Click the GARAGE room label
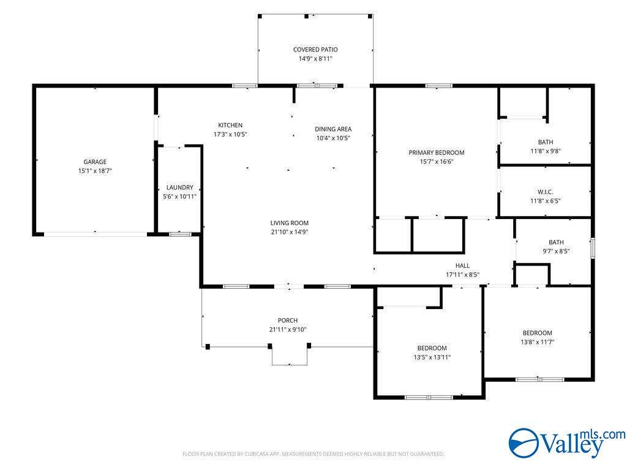(x=95, y=162)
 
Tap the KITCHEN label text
(x=230, y=125)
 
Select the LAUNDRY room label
(x=179, y=187)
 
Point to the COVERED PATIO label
(x=315, y=50)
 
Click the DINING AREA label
(x=333, y=129)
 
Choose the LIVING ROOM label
(x=290, y=223)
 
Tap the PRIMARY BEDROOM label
(x=437, y=152)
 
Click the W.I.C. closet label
(x=546, y=192)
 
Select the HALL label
(x=463, y=266)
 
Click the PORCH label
(x=288, y=321)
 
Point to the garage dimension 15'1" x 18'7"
(x=95, y=171)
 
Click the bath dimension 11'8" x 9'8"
(x=546, y=151)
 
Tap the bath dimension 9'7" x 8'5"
(x=556, y=252)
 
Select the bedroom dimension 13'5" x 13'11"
(x=432, y=357)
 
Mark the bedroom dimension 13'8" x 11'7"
(x=538, y=342)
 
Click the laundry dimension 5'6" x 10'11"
(x=179, y=196)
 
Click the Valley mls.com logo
(x=567, y=443)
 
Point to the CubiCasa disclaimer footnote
(x=313, y=454)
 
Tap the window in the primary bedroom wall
(x=438, y=86)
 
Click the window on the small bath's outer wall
(x=593, y=248)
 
